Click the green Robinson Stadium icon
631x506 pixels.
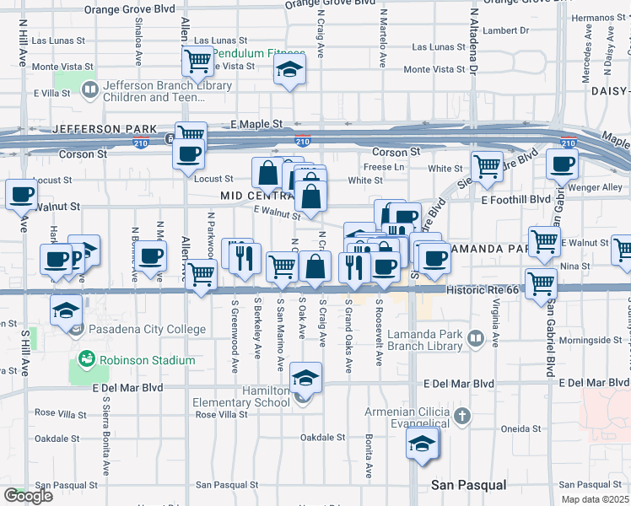point(85,360)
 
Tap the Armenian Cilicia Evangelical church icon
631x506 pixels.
point(461,416)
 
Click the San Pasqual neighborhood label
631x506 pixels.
point(468,485)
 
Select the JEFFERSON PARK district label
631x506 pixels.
point(104,129)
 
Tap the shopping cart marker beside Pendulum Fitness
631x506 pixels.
point(197,60)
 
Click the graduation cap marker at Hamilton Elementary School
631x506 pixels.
point(305,377)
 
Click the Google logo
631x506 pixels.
point(28,497)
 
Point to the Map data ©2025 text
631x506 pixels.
point(595,499)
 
